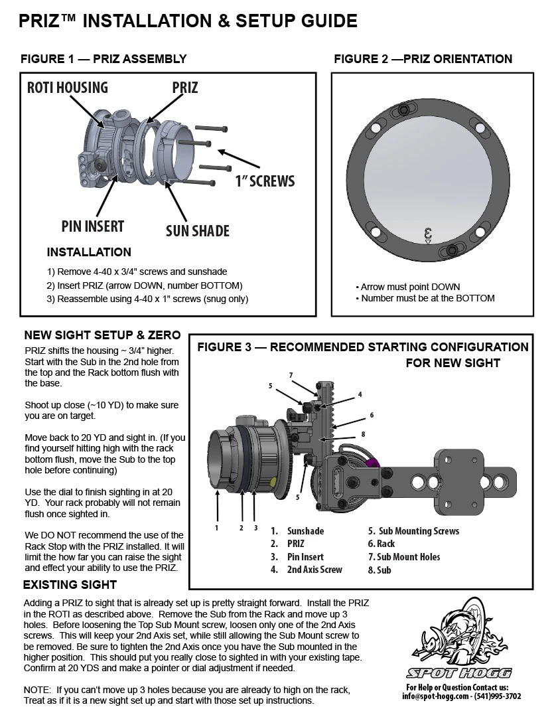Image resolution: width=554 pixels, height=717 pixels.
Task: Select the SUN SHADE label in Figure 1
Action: [x=197, y=230]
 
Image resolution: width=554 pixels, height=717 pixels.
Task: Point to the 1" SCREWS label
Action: [x=265, y=181]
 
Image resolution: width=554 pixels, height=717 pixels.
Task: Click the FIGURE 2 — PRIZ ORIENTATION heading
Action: [x=423, y=59]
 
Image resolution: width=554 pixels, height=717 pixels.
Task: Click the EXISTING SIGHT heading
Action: [x=70, y=585]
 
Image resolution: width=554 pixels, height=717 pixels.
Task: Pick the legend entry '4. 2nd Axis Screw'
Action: [x=306, y=570]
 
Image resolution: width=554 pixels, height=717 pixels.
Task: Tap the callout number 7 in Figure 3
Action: [x=291, y=375]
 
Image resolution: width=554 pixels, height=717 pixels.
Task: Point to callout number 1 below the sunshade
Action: [x=216, y=528]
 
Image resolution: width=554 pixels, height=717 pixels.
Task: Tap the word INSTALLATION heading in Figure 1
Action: [x=89, y=253]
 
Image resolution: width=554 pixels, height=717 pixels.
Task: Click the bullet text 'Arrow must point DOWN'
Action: [x=409, y=287]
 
